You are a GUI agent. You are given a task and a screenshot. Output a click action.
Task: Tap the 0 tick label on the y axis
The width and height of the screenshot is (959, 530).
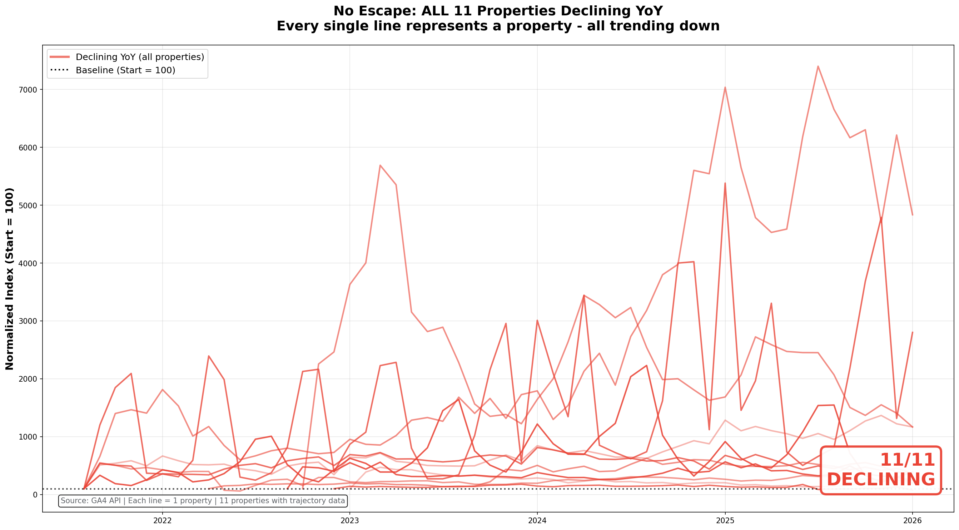coord(35,495)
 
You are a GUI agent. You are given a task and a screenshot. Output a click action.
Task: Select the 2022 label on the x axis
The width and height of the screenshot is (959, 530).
coord(162,520)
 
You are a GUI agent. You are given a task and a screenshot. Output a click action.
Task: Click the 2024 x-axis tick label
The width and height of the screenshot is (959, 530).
coord(537,520)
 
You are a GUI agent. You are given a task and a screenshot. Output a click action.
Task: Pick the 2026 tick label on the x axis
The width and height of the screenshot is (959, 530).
coord(912,520)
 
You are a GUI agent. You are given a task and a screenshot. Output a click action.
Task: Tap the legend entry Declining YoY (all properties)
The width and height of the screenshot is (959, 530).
coord(140,57)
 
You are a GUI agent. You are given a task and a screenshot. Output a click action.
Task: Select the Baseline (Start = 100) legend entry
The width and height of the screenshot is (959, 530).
coord(125,70)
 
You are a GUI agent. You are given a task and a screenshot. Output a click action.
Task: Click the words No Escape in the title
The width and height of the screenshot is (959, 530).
coord(374,11)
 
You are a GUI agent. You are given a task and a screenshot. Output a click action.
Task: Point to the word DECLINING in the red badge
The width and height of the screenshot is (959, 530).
coord(881,479)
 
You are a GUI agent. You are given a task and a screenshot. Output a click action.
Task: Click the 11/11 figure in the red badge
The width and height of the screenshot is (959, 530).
coord(907,460)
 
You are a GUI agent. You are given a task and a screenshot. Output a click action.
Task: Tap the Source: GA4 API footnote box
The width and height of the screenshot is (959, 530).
coord(203,501)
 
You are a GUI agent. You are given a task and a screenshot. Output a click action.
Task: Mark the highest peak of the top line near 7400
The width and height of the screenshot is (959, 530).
coord(818,66)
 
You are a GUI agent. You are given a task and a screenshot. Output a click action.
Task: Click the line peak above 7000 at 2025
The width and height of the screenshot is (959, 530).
coord(725,87)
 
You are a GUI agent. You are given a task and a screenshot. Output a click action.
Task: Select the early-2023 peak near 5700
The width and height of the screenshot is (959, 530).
coord(380,165)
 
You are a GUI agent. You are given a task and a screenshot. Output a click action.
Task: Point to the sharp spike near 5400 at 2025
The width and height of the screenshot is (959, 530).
coord(725,183)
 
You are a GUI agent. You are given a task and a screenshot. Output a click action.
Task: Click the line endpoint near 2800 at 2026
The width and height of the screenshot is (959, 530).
coord(913,332)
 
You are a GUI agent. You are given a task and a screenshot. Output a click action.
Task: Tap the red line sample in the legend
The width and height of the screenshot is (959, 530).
coord(60,57)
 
